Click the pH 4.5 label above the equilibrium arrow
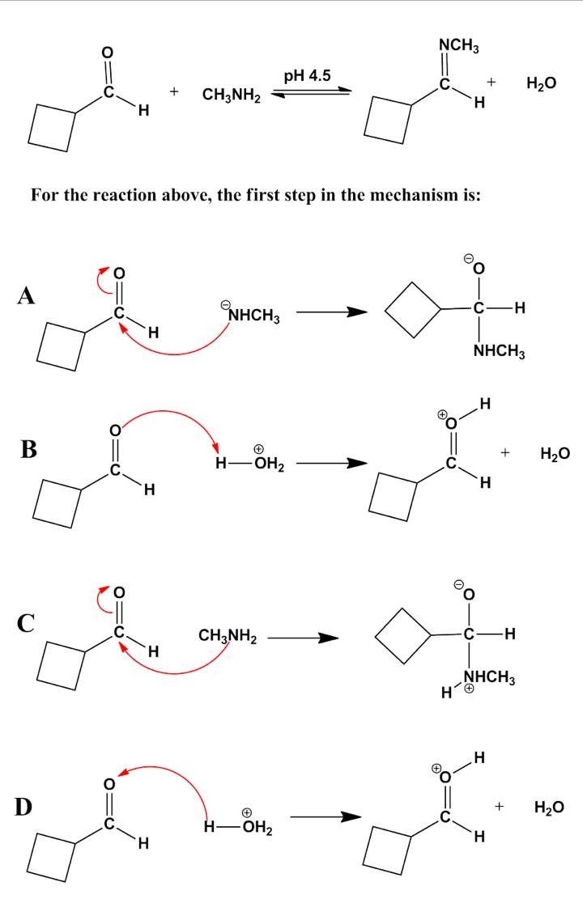pyautogui.click(x=307, y=76)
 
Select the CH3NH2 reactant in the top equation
pyautogui.click(x=231, y=97)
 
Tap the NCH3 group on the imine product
pyautogui.click(x=458, y=46)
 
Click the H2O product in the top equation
pyautogui.click(x=541, y=84)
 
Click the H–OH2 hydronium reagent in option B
pyautogui.click(x=248, y=464)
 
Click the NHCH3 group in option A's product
pyautogui.click(x=500, y=352)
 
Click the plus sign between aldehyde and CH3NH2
pyautogui.click(x=173, y=93)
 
